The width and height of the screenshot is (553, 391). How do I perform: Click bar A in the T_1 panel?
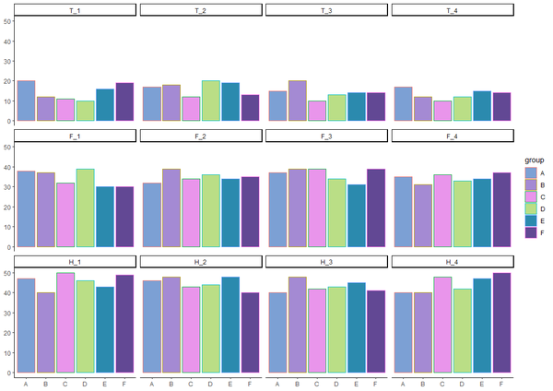coord(27,101)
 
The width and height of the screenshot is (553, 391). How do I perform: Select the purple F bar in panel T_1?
coord(125,101)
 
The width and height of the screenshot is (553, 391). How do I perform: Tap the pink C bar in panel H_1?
coord(65,323)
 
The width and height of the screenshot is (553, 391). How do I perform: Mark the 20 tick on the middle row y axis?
coord(7,207)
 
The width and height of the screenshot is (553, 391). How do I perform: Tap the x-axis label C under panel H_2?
coord(191,384)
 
